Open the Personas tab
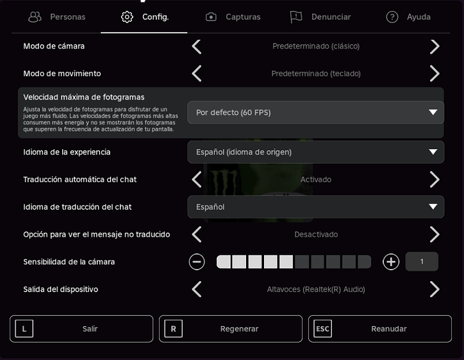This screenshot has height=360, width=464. point(57,17)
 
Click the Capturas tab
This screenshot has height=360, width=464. point(233,17)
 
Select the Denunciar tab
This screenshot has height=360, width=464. point(320,17)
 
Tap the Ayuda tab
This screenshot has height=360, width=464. point(408,17)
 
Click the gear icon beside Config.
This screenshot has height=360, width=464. point(127,17)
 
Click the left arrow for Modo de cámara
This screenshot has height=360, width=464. point(197,47)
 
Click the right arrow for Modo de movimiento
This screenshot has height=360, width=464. point(435,74)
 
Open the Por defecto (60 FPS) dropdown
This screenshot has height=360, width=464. point(315,112)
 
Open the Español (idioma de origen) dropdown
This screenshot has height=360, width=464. point(315,152)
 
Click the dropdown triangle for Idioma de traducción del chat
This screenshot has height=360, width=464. point(433,206)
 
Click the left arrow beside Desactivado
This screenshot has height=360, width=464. point(197,234)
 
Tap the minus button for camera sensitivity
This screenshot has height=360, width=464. point(197,262)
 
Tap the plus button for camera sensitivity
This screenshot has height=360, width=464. point(391,262)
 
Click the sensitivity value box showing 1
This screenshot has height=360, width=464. point(422,261)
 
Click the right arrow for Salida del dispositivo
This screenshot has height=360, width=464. point(435,289)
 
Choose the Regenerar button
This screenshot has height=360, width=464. point(231,329)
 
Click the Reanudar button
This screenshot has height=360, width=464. point(380,329)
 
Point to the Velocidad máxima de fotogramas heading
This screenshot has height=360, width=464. point(84,97)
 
